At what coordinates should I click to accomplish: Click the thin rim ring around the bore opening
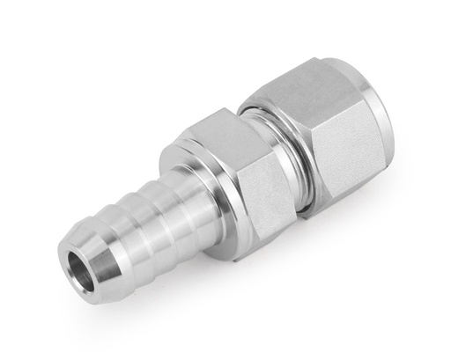tap(66, 273)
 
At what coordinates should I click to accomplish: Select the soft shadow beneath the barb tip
tap(97, 304)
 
